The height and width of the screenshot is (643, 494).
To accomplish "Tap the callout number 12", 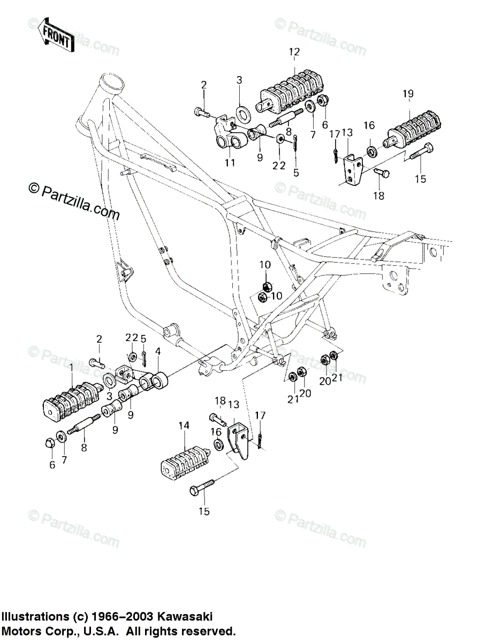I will point(294,52).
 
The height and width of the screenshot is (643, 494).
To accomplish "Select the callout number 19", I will point(423,94).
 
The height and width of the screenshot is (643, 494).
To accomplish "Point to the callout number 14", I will point(184,425).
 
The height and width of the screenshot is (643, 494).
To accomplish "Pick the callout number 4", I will point(158,352).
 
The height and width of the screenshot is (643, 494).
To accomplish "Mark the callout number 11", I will point(230,163).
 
